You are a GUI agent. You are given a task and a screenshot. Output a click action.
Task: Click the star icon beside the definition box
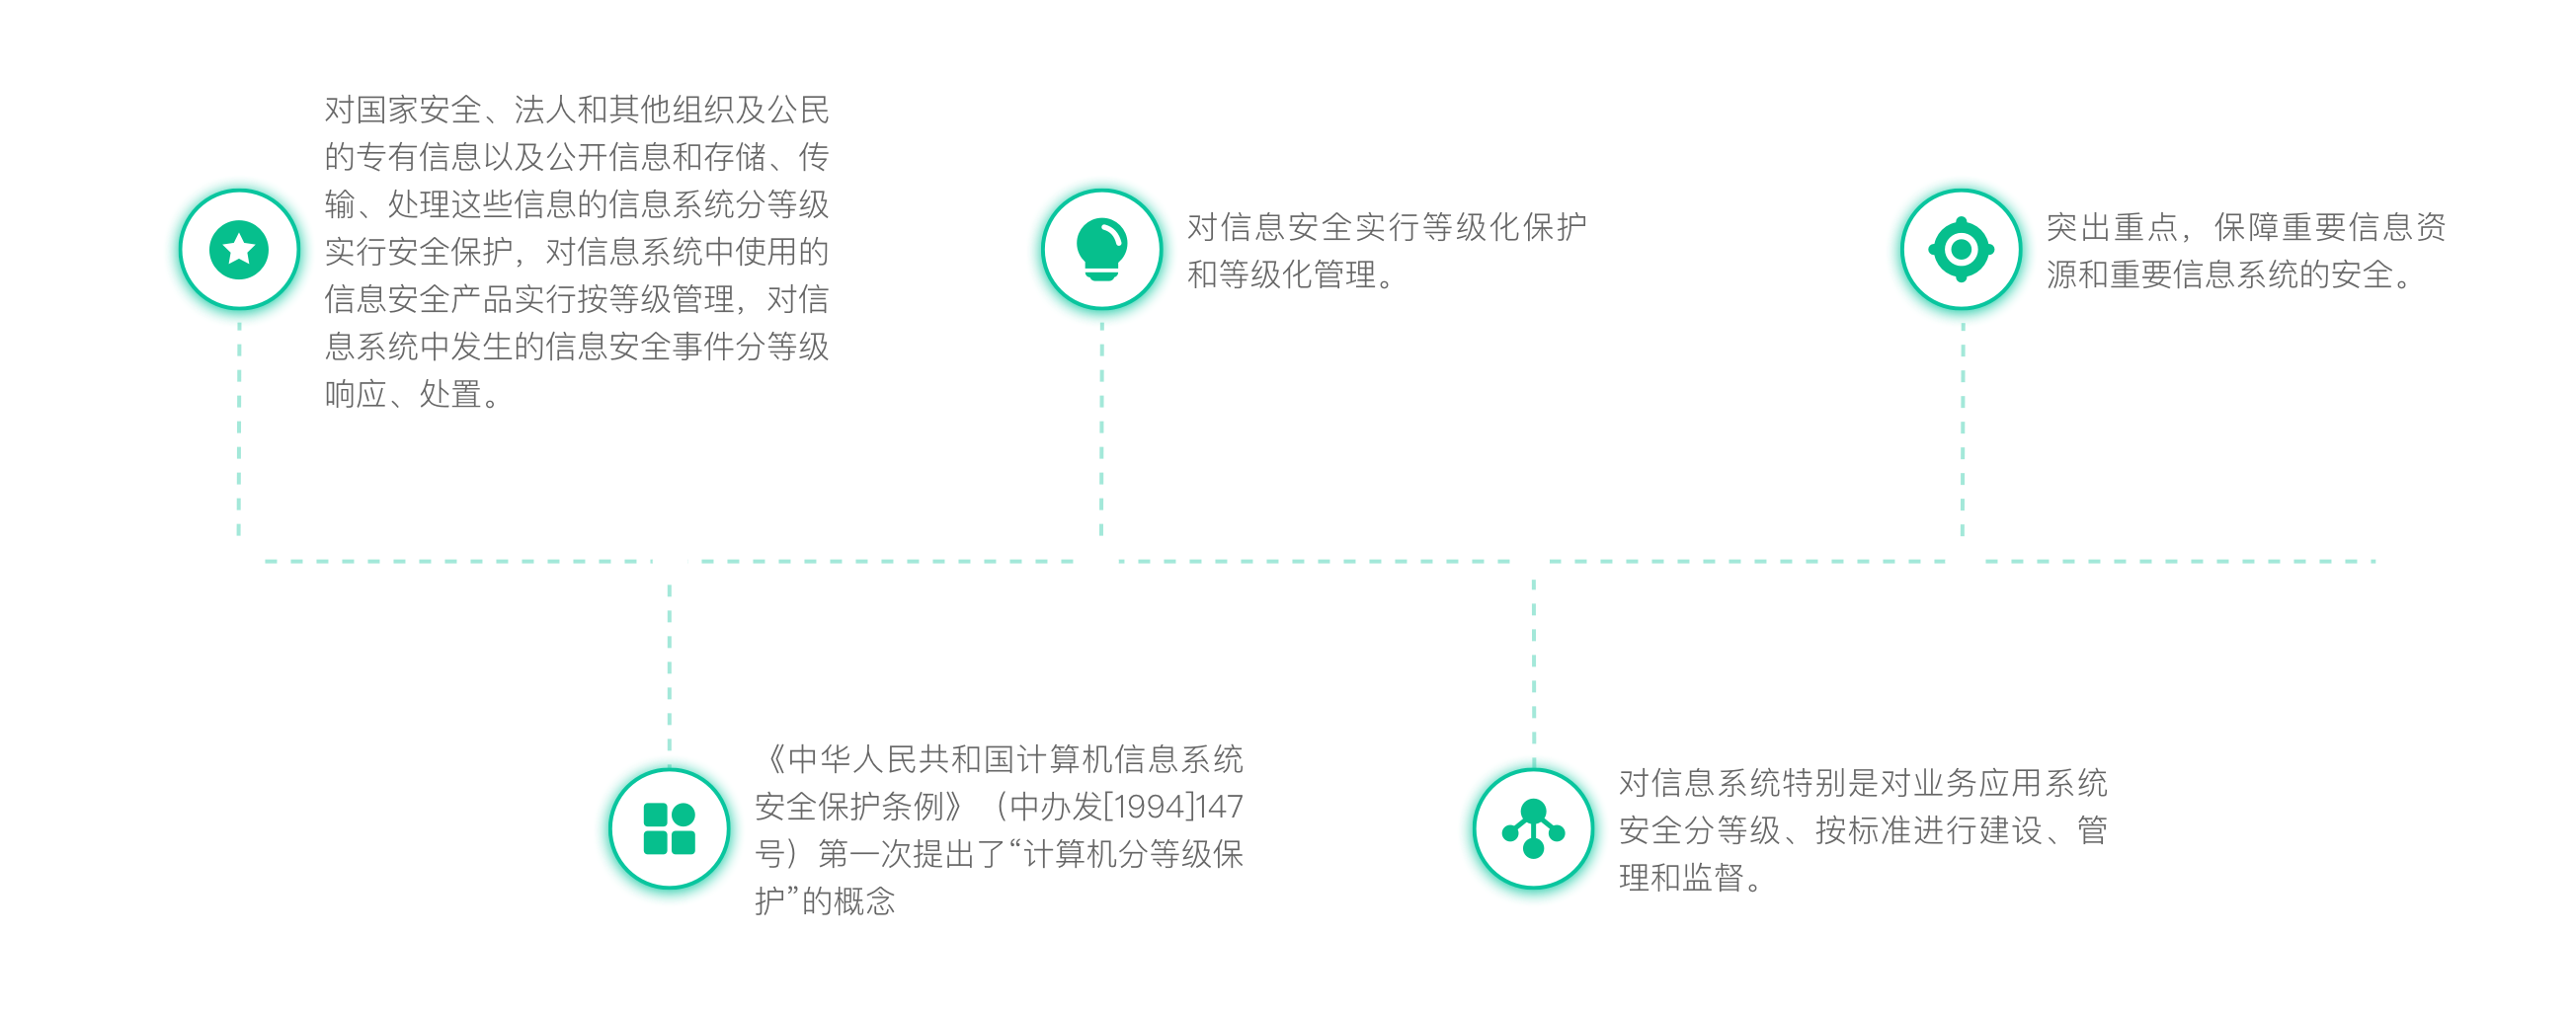pyautogui.click(x=239, y=249)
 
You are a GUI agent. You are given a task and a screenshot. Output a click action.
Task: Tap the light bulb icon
pyautogui.click(x=1101, y=249)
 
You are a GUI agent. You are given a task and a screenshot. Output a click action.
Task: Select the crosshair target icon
pyautogui.click(x=1961, y=249)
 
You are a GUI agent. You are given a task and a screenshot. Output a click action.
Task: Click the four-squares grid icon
pyautogui.click(x=669, y=829)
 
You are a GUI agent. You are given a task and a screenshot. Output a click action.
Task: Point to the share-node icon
pyautogui.click(x=1533, y=829)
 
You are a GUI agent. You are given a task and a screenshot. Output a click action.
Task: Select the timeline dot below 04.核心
pyautogui.click(x=1532, y=562)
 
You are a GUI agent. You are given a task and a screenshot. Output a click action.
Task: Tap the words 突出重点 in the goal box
pyautogui.click(x=2112, y=227)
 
